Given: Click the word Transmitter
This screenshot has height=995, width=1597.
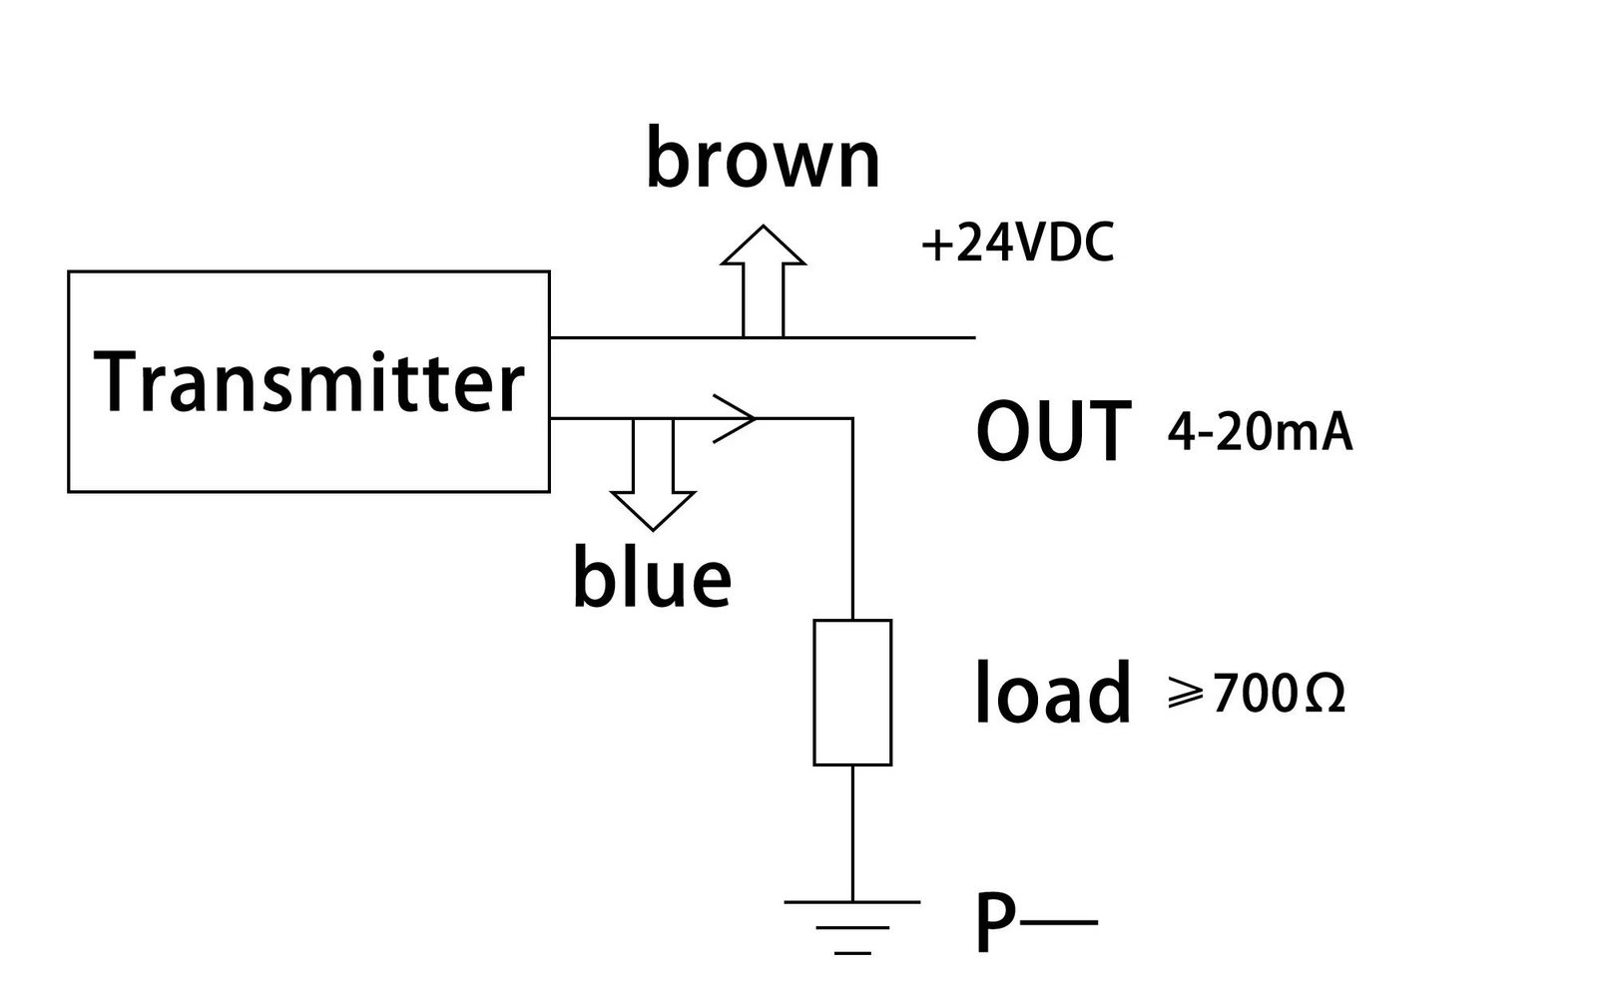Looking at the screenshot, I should click(x=308, y=382).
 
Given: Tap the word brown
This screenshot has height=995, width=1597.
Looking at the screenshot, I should click(x=764, y=161).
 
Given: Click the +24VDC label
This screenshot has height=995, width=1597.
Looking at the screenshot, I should click(x=1017, y=245).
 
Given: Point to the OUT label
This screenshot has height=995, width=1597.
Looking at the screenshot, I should click(x=1054, y=432).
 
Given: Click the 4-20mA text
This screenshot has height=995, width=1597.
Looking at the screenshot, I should click(x=1260, y=434).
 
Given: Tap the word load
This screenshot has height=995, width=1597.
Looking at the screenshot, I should click(x=1053, y=692).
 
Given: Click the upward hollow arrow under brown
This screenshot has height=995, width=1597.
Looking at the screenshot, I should click(x=764, y=279).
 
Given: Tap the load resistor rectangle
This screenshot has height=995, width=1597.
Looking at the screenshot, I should click(x=852, y=693).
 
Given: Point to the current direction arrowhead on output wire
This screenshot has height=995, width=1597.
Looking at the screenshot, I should click(x=739, y=418).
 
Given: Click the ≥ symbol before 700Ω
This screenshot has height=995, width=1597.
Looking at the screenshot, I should click(x=1185, y=695).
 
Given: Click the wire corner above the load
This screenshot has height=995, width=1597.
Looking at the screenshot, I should click(x=852, y=419).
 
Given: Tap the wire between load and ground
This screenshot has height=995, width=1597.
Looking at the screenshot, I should click(x=852, y=832).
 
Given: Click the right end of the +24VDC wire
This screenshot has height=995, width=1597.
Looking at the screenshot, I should click(x=971, y=337).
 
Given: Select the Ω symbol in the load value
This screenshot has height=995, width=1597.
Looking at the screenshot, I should click(x=1324, y=694).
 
